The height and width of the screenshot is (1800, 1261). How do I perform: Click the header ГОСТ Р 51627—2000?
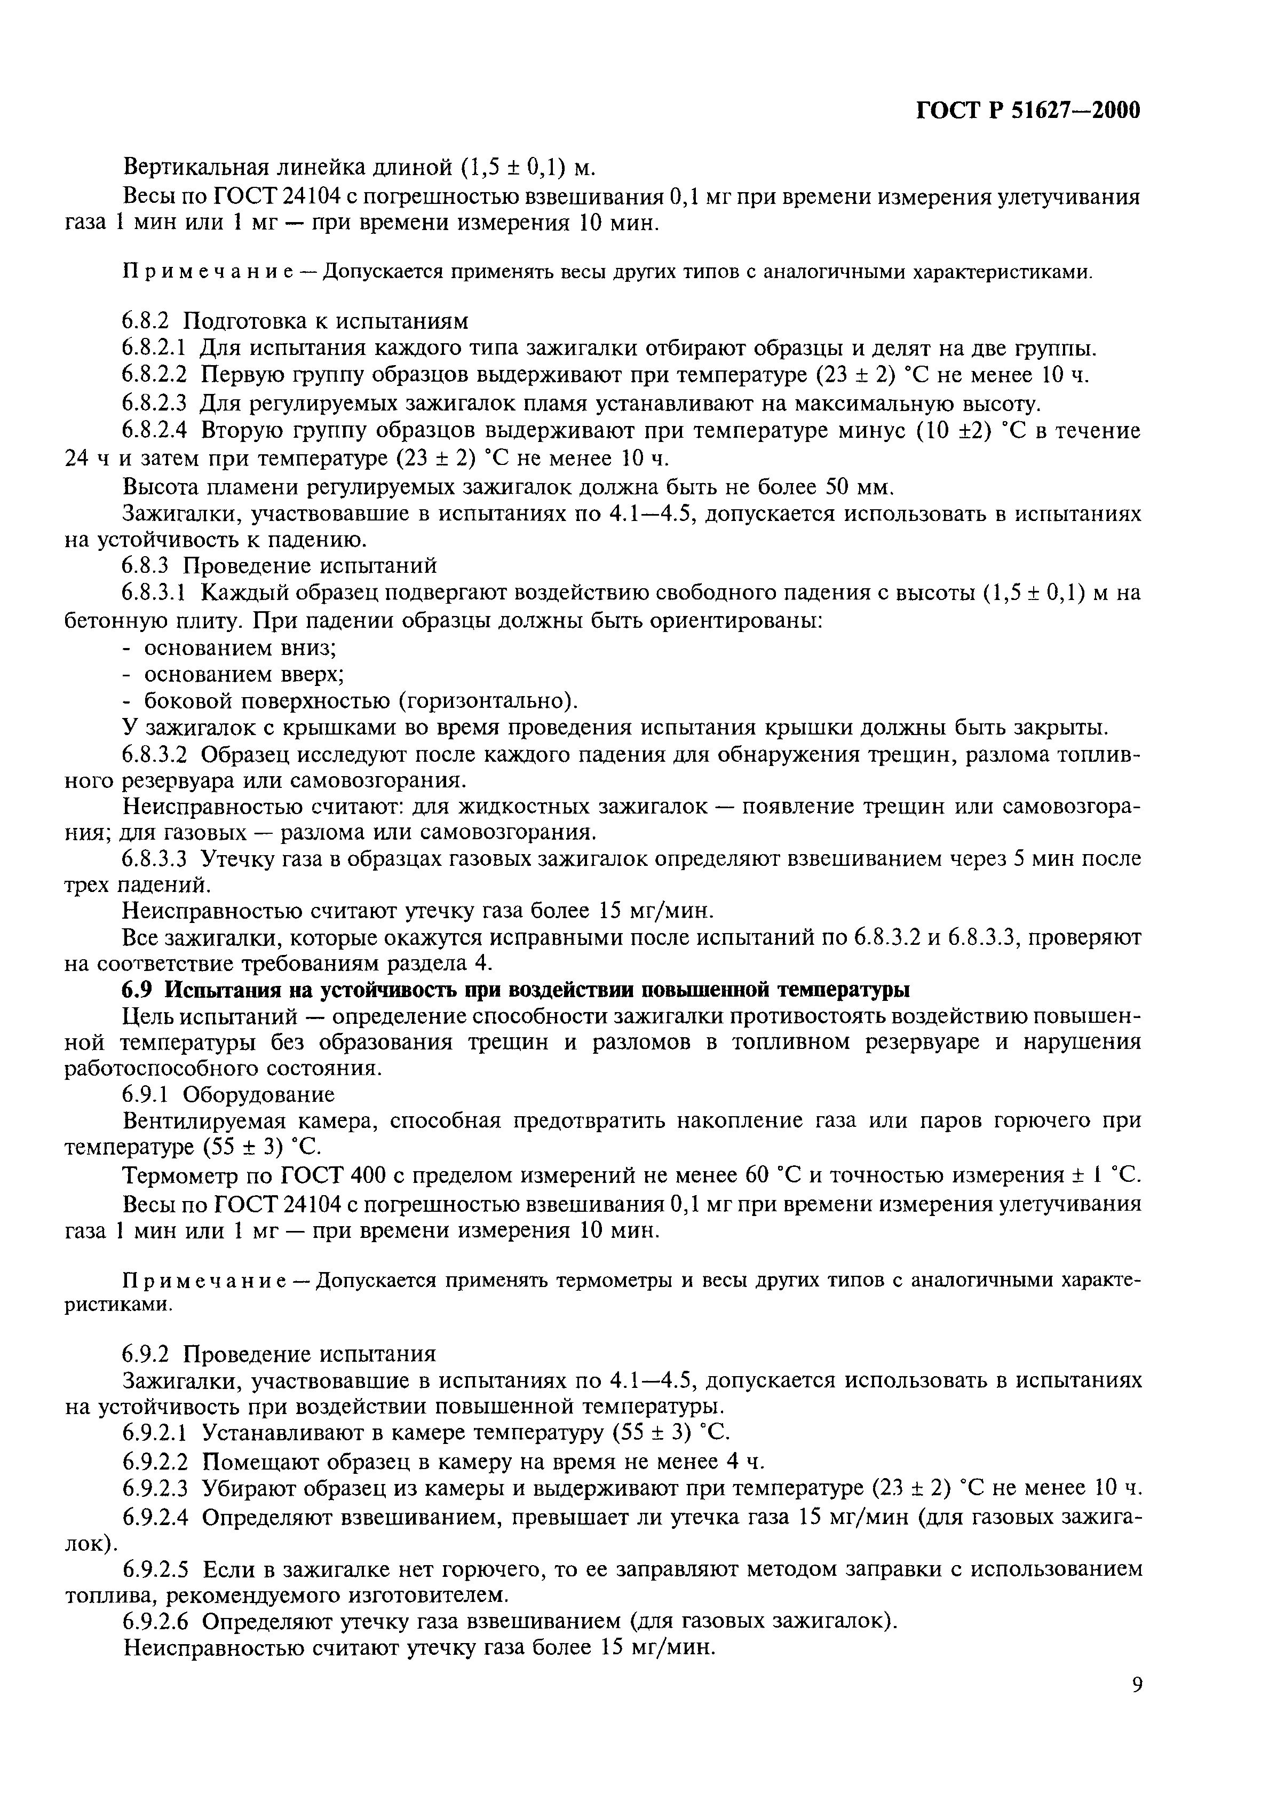pos(1027,112)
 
